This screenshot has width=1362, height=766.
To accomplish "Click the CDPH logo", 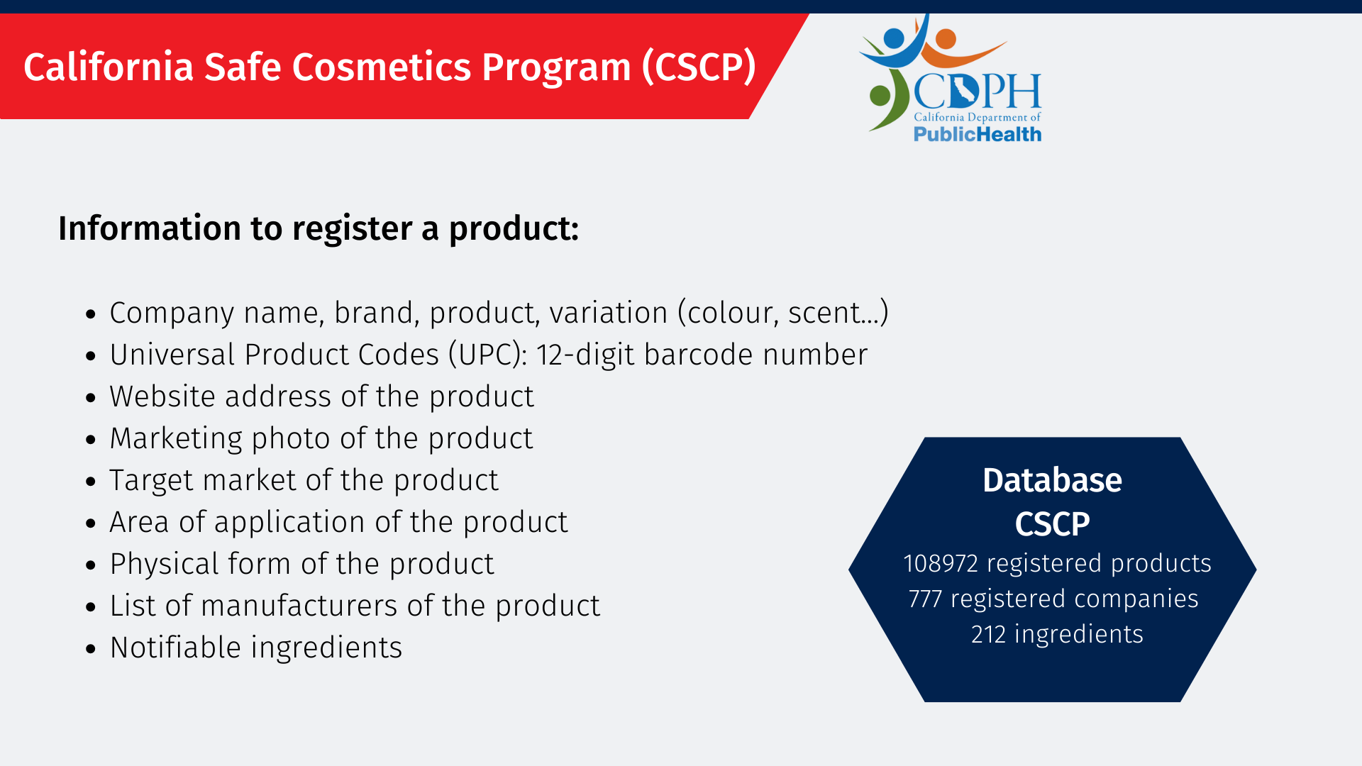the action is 951,78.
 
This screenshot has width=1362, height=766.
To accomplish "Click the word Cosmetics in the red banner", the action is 382,67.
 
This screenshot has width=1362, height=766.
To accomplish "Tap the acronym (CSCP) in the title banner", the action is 699,67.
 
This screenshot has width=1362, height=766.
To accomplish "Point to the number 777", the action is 925,599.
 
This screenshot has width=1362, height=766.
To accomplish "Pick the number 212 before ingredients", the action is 988,634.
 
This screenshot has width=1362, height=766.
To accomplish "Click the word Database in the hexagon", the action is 1052,481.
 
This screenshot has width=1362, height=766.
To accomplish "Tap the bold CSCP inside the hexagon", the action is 1052,524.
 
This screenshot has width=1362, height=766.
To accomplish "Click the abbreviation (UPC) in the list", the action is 488,355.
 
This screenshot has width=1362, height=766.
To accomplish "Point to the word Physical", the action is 165,565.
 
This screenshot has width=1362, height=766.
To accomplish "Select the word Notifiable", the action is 176,648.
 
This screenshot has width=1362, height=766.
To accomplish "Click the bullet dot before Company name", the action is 90,313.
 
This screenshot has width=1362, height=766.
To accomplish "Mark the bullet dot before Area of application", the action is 90,523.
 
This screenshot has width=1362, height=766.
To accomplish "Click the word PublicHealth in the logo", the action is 978,134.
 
